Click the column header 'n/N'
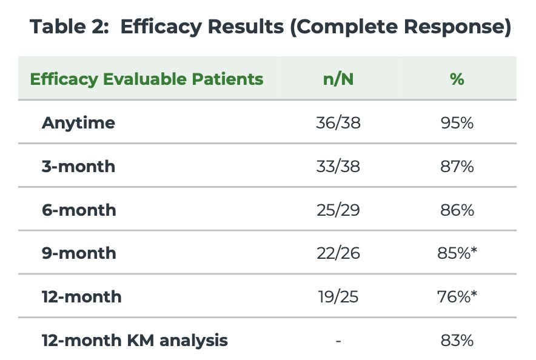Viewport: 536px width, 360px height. point(338,79)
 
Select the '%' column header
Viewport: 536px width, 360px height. point(457,79)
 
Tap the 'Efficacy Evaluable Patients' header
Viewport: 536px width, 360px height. point(147,79)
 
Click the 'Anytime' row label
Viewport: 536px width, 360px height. point(78,123)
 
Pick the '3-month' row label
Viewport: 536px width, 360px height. point(78,166)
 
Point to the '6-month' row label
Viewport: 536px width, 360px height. point(79,210)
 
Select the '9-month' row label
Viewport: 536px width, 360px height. point(79,253)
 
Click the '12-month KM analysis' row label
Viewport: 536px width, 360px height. point(135,340)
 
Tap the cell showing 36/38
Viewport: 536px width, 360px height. point(338,123)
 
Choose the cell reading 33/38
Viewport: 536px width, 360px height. point(338,166)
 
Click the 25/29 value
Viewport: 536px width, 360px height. point(338,210)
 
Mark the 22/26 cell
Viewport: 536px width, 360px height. point(338,253)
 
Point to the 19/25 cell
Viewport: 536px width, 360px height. point(338,296)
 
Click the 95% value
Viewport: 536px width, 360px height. point(457,123)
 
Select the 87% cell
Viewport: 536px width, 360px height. point(457,166)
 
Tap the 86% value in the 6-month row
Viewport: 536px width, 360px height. point(457,210)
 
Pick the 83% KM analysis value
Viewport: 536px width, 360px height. point(457,340)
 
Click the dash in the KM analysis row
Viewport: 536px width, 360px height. point(338,341)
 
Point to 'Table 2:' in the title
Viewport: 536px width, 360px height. point(69,26)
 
